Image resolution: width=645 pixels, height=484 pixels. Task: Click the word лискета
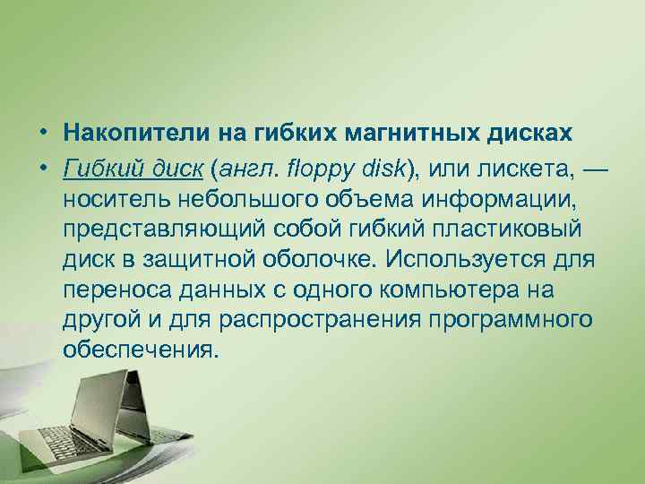click(x=501, y=165)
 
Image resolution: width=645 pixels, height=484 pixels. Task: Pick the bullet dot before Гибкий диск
click(x=42, y=166)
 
